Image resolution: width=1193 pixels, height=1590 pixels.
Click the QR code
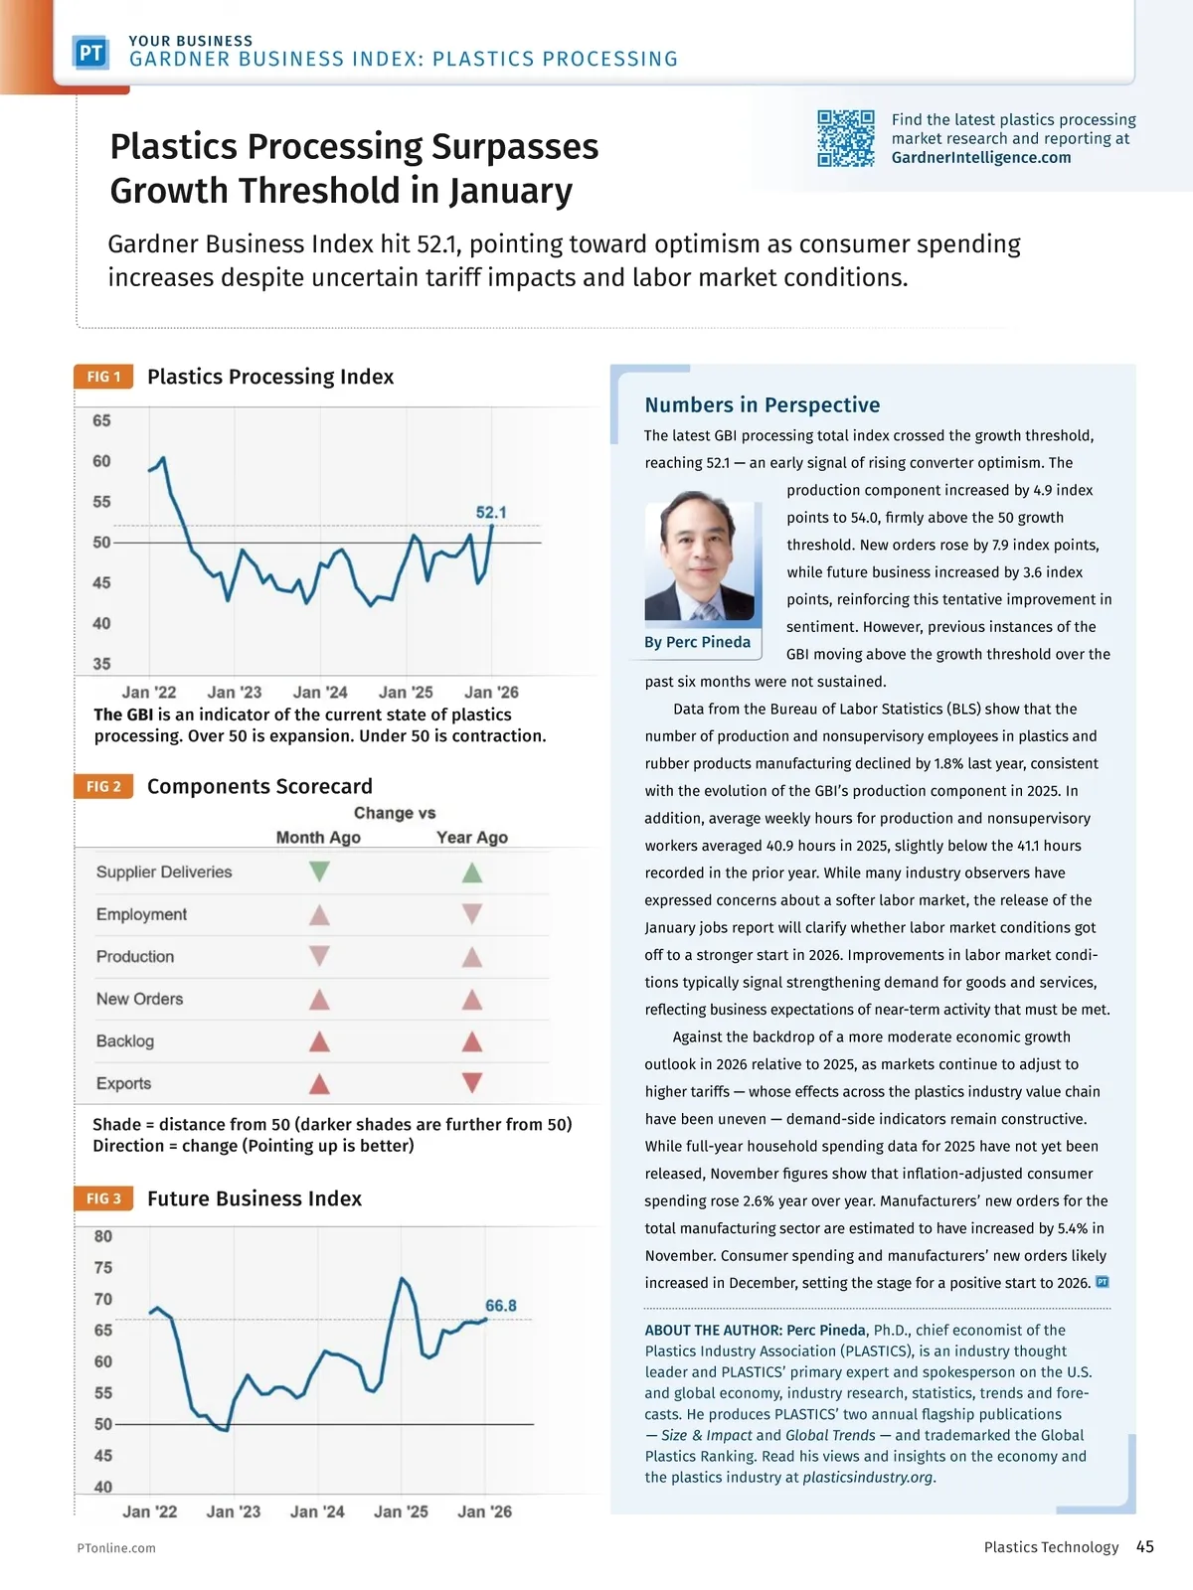845,138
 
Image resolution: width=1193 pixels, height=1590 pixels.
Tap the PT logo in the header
90,53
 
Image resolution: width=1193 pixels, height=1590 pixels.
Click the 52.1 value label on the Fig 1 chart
491,513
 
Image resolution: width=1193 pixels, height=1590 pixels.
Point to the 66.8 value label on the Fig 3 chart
501,1306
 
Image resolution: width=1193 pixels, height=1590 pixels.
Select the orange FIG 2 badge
103,786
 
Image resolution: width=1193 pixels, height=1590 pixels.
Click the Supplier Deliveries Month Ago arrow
319,873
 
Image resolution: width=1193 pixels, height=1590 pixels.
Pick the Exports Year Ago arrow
472,1083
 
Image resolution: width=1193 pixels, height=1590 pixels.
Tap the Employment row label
141,914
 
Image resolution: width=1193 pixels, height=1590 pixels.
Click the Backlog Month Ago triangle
319,1041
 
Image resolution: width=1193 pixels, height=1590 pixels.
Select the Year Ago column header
472,838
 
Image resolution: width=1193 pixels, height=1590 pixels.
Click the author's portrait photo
700,556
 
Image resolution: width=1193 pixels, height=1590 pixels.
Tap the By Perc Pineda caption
697,642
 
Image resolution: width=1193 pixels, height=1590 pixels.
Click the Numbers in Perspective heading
762,404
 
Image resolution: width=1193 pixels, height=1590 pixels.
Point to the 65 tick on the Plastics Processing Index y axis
101,421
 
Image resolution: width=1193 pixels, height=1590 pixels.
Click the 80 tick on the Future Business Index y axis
103,1237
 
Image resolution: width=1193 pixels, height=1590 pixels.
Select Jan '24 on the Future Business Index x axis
317,1511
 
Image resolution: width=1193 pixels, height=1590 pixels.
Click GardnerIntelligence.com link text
981,157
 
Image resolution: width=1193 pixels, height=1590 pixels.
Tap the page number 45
1145,1546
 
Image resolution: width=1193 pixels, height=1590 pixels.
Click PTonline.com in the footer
116,1548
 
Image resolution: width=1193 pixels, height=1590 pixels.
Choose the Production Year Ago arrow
472,957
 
